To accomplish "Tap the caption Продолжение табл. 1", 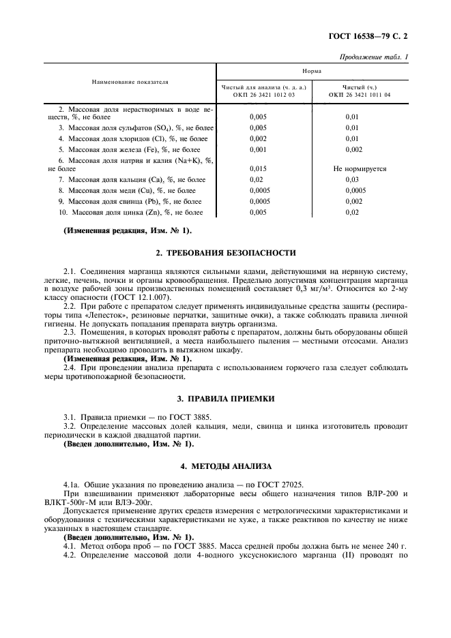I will click(377, 57).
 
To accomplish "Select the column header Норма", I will click(312, 71).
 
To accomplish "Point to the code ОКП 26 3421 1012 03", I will click(265, 95).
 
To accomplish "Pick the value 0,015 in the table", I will click(258, 168).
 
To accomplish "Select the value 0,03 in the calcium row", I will click(352, 179).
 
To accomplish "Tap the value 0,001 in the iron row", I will click(258, 149).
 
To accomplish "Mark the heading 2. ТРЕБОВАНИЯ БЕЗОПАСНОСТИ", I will click(226, 253).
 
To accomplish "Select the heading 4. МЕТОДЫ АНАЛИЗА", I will click(226, 467).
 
